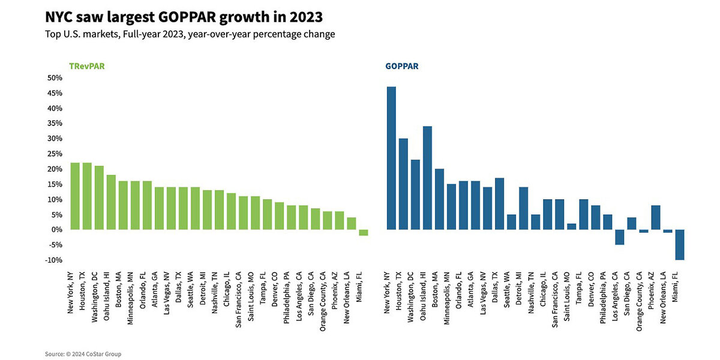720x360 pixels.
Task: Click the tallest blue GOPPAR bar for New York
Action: point(391,158)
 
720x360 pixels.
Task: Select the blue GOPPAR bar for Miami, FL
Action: point(679,245)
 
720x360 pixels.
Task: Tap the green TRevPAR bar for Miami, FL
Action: point(364,232)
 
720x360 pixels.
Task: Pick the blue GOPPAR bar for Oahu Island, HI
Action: point(427,178)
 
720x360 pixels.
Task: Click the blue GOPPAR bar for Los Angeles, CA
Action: point(619,237)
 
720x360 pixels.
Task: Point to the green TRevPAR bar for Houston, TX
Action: point(87,196)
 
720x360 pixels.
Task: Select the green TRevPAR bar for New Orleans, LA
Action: point(352,223)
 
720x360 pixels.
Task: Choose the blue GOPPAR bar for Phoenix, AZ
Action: point(656,217)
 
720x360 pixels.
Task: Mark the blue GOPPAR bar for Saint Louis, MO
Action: point(571,226)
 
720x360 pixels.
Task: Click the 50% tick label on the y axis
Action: point(55,78)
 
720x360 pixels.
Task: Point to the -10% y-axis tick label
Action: point(53,260)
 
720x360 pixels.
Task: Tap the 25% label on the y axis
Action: point(55,154)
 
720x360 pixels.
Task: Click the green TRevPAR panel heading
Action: point(87,66)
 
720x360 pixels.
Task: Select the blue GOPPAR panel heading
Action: point(402,66)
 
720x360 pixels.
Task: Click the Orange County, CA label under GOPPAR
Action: point(639,301)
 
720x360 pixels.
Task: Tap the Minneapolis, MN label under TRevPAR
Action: point(130,298)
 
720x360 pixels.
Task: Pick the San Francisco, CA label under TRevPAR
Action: point(238,300)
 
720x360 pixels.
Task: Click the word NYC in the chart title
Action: point(59,17)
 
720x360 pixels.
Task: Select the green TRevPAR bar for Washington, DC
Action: point(99,197)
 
